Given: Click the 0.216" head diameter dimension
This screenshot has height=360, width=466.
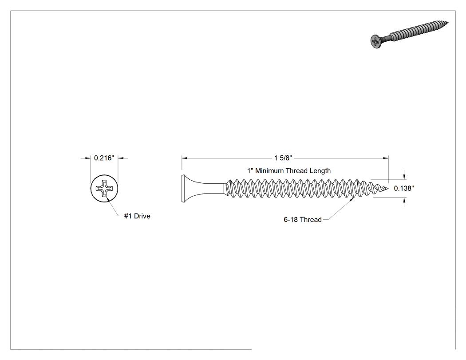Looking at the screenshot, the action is tap(104, 158).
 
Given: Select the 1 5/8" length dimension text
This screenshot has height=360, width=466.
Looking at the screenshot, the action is tap(283, 158).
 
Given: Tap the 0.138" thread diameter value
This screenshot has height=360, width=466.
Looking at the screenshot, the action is tap(404, 188).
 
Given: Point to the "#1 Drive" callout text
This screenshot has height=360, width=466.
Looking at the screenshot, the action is tap(137, 216).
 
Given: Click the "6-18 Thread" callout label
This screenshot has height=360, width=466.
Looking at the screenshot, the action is tap(303, 220).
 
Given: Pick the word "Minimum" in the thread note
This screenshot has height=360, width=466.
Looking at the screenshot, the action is tap(269, 170).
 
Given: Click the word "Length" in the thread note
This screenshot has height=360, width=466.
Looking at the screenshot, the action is tap(320, 171).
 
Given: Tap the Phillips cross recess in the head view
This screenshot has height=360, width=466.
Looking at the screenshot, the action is tap(104, 188).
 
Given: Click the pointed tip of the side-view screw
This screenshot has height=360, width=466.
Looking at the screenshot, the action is tap(387, 189).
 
